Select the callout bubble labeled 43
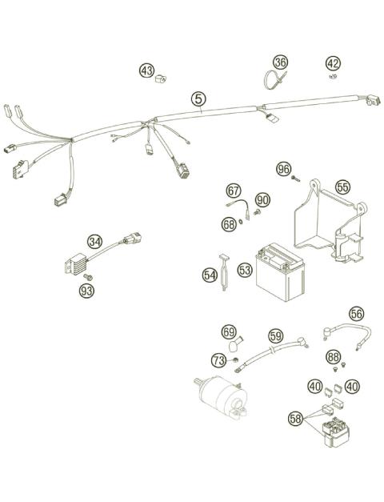click(146, 71)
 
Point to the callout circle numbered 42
click(334, 64)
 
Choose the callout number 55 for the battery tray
click(342, 187)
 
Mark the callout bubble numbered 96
click(283, 169)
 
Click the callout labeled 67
click(233, 191)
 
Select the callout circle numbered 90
click(263, 199)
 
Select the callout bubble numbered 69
click(229, 331)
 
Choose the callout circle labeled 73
click(218, 361)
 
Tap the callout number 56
click(356, 315)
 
